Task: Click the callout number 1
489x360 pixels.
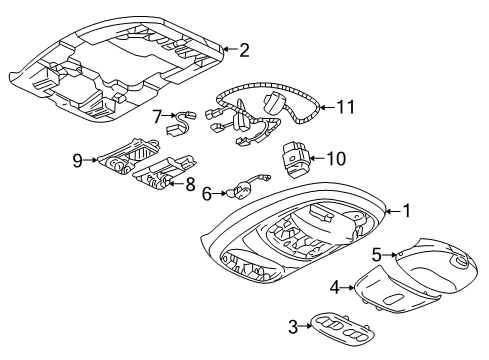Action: tap(406, 211)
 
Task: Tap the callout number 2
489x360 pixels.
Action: tap(243, 48)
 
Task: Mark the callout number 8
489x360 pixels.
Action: tap(190, 183)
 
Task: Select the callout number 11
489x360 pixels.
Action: tap(345, 105)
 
